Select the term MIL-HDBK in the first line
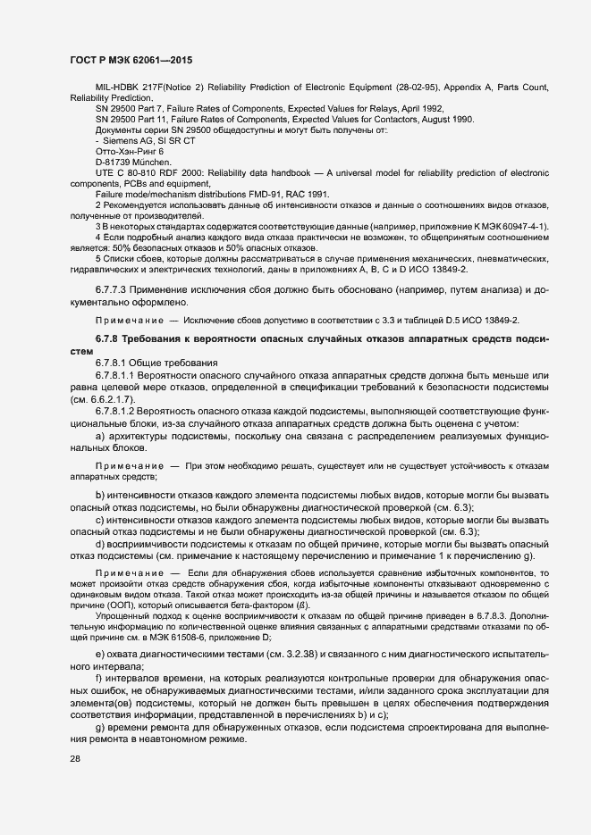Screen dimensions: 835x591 pos(116,88)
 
